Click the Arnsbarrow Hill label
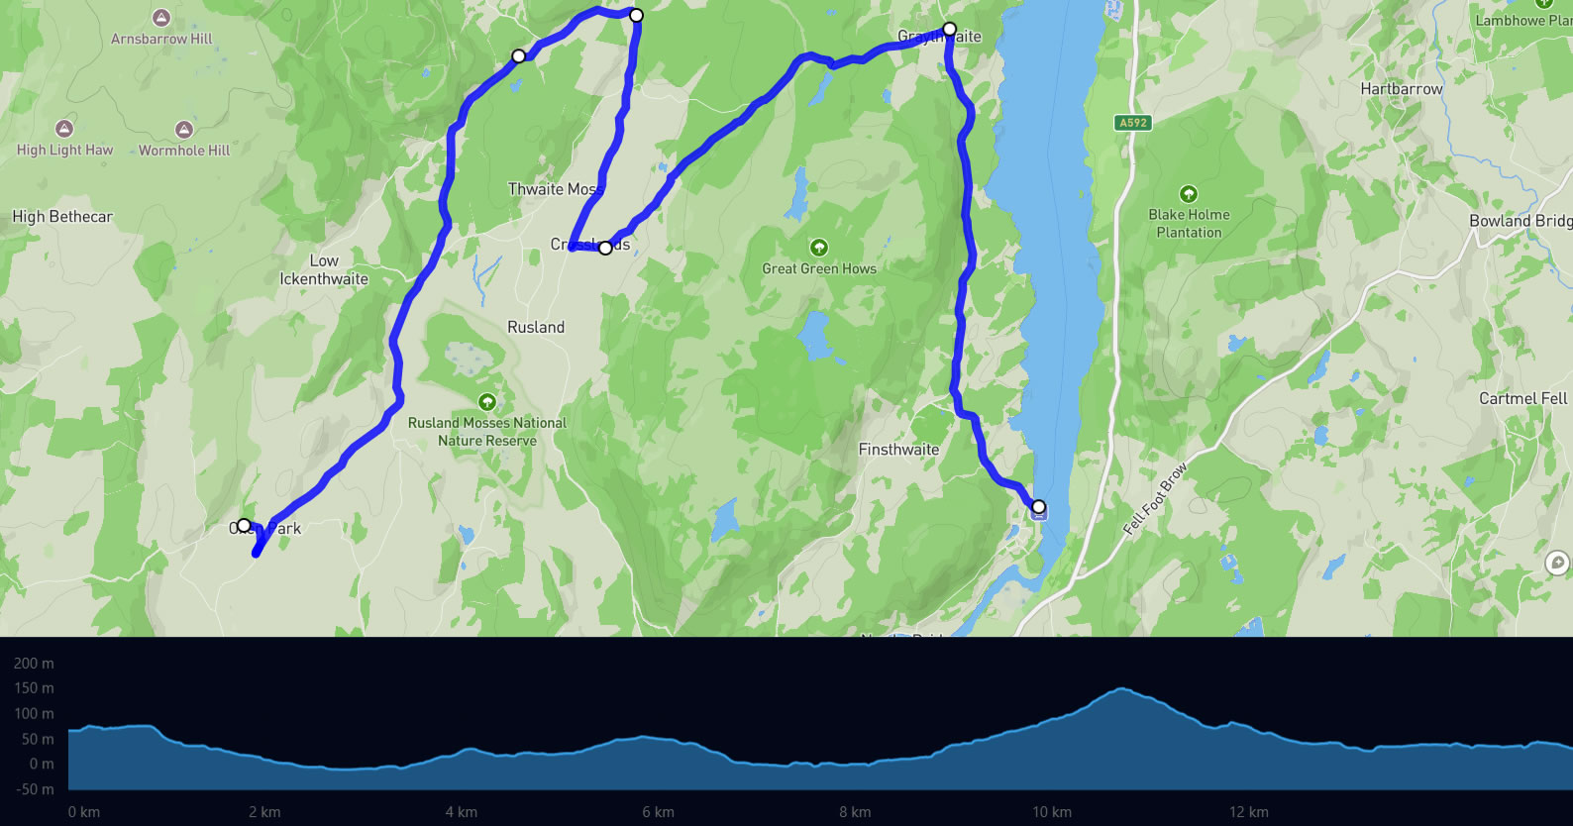(x=161, y=39)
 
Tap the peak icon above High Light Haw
(x=64, y=129)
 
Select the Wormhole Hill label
(x=184, y=151)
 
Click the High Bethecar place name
(x=62, y=217)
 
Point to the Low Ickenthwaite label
(x=324, y=270)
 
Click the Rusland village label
(x=536, y=327)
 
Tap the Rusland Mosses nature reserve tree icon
(x=486, y=402)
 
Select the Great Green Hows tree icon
(x=818, y=247)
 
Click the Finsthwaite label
(x=898, y=450)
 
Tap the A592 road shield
(x=1133, y=123)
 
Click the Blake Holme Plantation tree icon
(x=1189, y=194)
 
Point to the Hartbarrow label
(x=1401, y=89)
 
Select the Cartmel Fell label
(x=1522, y=398)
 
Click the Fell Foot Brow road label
(x=1155, y=500)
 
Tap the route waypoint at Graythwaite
(x=949, y=29)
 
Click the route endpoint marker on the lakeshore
(x=1038, y=507)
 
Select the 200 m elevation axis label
(x=34, y=664)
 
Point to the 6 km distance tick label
(x=658, y=812)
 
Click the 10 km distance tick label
(x=1051, y=812)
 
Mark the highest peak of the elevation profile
(x=1121, y=688)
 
